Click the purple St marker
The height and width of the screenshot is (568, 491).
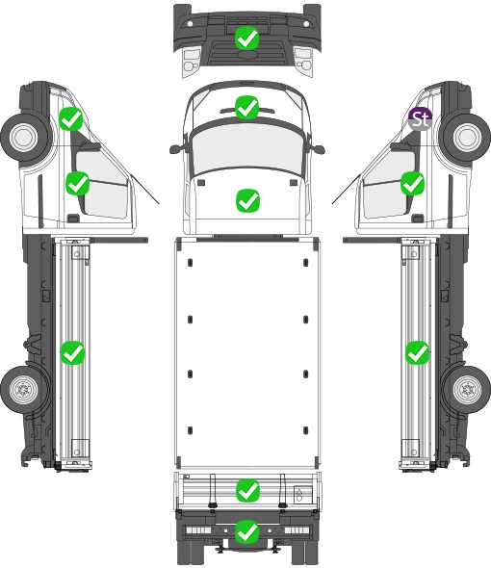(420, 118)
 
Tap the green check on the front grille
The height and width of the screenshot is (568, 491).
(246, 39)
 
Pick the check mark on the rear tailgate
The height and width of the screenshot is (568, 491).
(247, 491)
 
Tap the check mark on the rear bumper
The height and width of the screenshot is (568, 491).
(247, 531)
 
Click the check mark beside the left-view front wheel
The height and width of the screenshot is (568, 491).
(71, 118)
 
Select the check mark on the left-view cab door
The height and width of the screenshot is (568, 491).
(77, 183)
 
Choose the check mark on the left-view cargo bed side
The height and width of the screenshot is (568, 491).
(72, 352)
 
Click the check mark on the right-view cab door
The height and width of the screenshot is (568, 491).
(412, 183)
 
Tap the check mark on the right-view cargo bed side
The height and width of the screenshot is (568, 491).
(418, 352)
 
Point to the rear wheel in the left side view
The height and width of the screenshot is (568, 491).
(24, 390)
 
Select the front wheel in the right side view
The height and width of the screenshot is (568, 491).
(467, 137)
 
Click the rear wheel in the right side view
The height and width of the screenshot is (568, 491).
(467, 390)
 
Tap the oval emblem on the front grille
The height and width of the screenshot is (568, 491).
(247, 54)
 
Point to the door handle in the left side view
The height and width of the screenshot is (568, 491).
(73, 219)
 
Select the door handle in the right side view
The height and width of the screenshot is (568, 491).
(418, 219)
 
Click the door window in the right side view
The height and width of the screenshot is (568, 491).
(388, 185)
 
